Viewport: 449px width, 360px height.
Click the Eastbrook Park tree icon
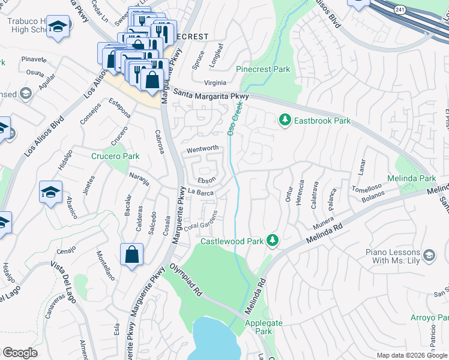[x=285, y=121]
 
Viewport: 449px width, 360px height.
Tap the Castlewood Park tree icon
[x=273, y=241]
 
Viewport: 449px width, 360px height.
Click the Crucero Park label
[x=115, y=156]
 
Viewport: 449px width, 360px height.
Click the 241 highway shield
[x=400, y=10]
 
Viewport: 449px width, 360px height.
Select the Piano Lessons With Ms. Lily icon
[x=429, y=256]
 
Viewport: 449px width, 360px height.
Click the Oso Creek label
[x=234, y=118]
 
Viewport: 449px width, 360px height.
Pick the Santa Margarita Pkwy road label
[x=211, y=94]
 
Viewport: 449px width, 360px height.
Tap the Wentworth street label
[x=202, y=148]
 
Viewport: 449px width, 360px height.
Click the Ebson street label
[x=206, y=179]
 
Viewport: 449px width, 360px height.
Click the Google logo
[x=20, y=353]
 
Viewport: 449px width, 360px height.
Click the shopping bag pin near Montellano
[x=131, y=254]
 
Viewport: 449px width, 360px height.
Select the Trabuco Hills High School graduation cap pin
[x=58, y=28]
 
